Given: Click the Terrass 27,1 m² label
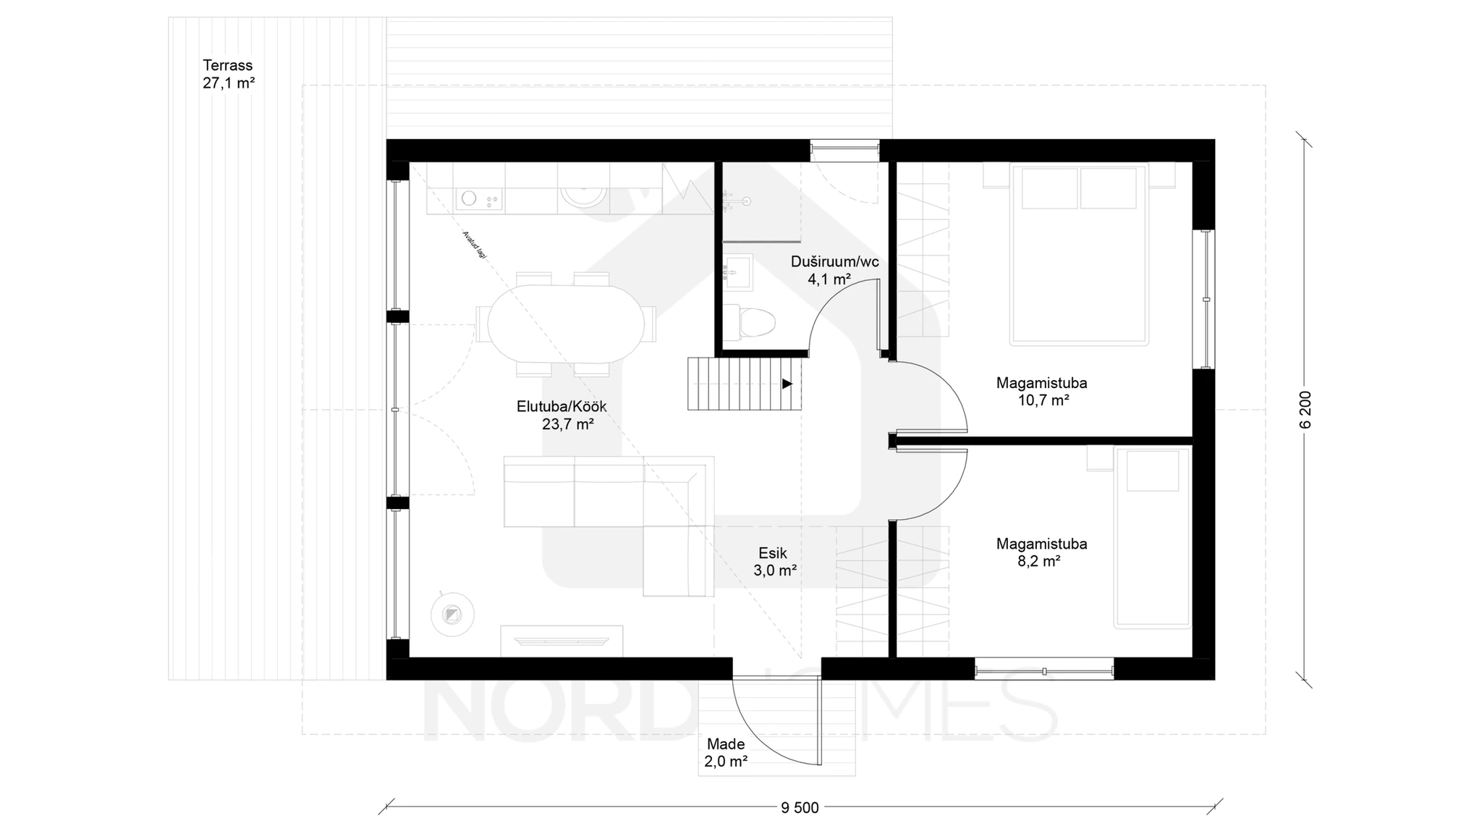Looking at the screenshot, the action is click(229, 74).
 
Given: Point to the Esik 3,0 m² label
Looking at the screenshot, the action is click(774, 562).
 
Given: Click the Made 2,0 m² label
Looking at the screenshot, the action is click(726, 752).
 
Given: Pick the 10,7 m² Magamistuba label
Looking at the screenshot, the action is click(1041, 391).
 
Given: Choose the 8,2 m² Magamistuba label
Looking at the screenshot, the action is click(1041, 552).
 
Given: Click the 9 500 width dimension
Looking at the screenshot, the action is click(800, 808).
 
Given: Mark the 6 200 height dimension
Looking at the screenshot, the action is click(1305, 410).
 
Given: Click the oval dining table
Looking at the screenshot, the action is click(566, 324).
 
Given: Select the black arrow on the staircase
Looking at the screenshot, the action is click(787, 384).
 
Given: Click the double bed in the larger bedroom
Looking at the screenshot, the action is click(1079, 253).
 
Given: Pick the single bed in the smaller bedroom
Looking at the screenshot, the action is click(1152, 537).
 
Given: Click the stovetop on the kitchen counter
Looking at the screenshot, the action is click(479, 198).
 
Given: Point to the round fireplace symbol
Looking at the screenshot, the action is click(452, 615).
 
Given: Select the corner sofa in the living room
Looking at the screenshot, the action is click(609, 526).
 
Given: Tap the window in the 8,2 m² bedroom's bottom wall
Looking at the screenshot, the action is click(1044, 669).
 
